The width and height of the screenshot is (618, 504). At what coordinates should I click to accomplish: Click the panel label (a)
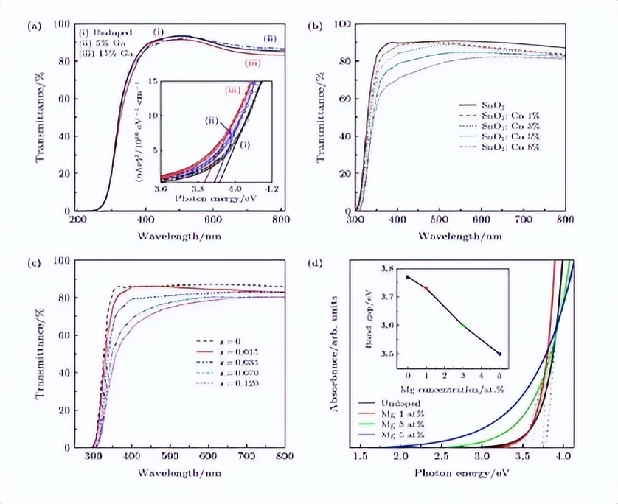click(33, 27)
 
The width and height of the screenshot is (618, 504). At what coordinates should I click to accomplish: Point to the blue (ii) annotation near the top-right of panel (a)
click(271, 38)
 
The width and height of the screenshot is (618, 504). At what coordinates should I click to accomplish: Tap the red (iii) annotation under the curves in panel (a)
click(253, 64)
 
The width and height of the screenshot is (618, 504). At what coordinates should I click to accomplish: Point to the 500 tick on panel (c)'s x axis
click(170, 457)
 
